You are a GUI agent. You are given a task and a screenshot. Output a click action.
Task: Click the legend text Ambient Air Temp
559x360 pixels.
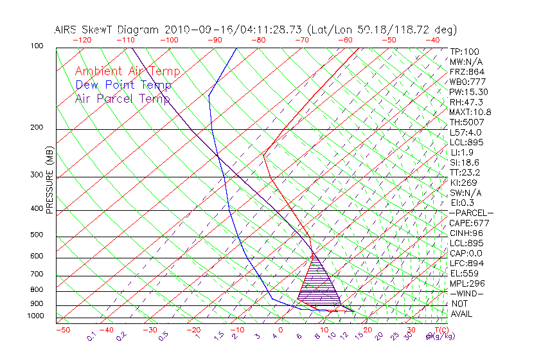tap(127, 71)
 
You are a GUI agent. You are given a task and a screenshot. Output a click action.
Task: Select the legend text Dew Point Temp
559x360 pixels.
tap(123, 85)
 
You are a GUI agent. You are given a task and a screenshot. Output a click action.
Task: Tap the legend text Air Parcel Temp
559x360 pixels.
tap(123, 98)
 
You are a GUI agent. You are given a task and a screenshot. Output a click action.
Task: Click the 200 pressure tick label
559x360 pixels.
tap(36, 128)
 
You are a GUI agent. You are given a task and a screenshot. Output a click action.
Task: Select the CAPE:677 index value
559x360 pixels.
tap(470, 223)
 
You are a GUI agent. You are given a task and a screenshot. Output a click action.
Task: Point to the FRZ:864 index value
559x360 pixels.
tap(467, 72)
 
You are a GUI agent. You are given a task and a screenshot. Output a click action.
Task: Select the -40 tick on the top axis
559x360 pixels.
tap(432, 40)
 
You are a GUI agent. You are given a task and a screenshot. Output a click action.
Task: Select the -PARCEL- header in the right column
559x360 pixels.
tap(472, 213)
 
